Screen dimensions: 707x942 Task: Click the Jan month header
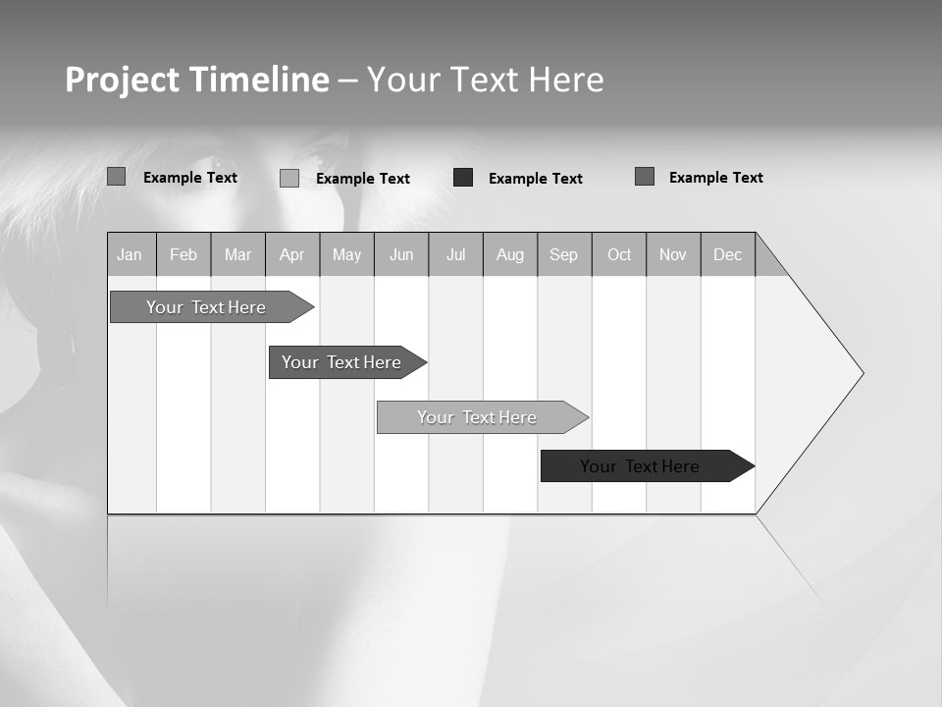(x=131, y=255)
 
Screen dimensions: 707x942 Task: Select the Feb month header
(x=183, y=255)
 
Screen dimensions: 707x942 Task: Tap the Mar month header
(x=237, y=255)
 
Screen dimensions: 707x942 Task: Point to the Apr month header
(x=292, y=255)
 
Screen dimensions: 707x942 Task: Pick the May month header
(x=346, y=255)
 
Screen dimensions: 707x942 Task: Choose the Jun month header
(x=401, y=255)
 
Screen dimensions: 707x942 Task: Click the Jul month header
(x=455, y=255)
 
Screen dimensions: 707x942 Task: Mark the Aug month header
(x=510, y=255)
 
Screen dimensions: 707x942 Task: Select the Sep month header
(x=564, y=255)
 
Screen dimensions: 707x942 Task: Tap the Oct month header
(x=619, y=255)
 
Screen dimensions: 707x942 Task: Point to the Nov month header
(x=673, y=255)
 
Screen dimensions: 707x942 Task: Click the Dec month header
(x=728, y=255)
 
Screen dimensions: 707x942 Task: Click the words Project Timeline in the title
(x=196, y=80)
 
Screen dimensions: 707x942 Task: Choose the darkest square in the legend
(x=463, y=178)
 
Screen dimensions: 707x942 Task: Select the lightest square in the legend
(x=289, y=178)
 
